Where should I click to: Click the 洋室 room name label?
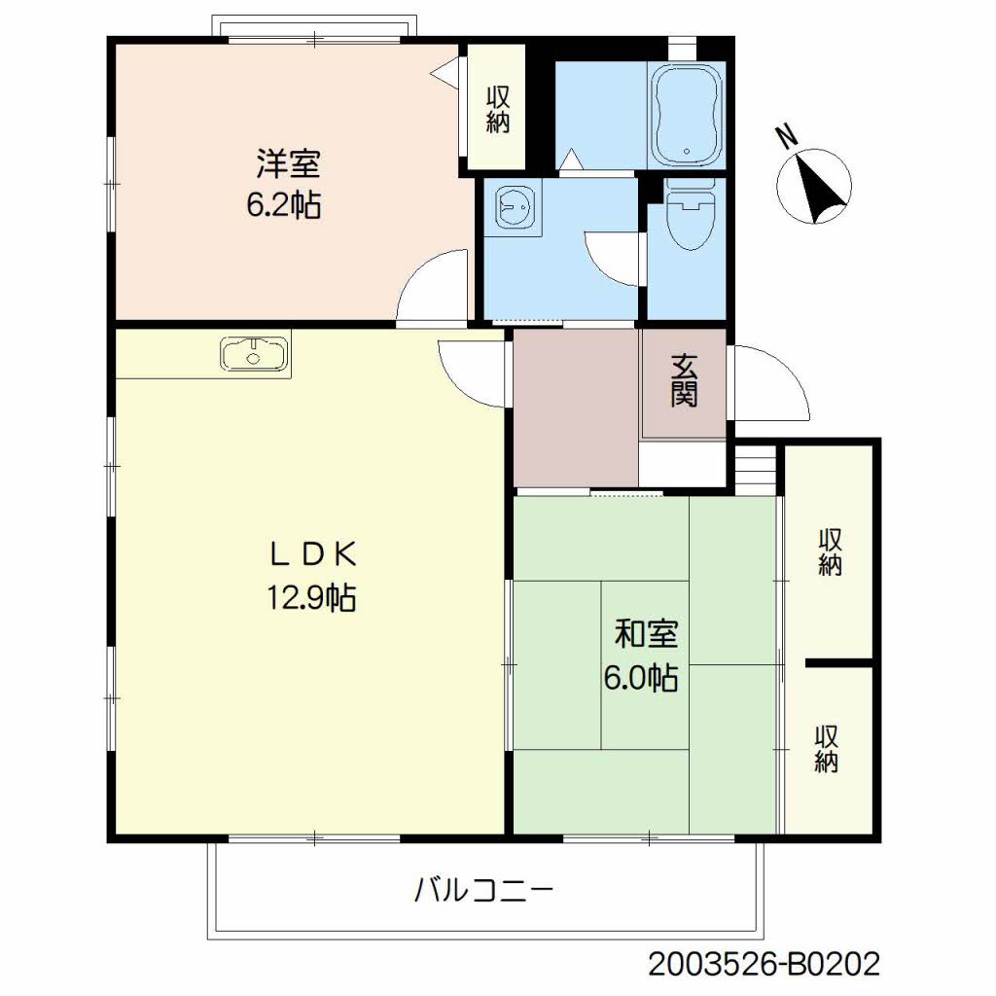coord(288,163)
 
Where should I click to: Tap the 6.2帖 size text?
coord(284,204)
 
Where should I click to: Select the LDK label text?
coord(312,555)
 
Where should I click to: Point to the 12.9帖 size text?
coord(311,597)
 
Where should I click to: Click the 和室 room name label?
coord(646,633)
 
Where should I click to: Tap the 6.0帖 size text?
coord(641,677)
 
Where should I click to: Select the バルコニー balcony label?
coord(484,890)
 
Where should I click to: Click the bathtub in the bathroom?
coord(688,115)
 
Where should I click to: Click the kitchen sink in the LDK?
coord(254,354)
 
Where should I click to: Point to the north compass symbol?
coord(815,186)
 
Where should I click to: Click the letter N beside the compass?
coord(788,136)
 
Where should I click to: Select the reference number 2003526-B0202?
coord(765,964)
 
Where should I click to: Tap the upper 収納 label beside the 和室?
coord(831,551)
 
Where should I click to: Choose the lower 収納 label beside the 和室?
coord(827,749)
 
